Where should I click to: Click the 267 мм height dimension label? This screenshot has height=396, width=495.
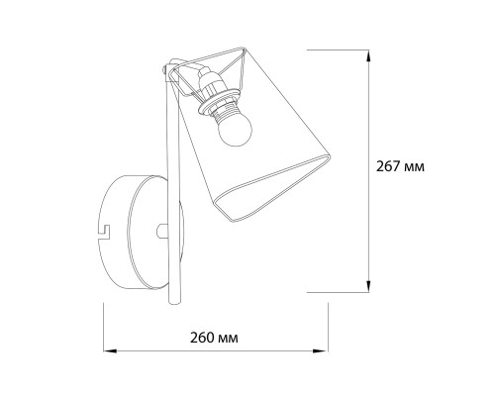[x=400, y=166]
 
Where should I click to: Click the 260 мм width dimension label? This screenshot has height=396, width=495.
[x=214, y=338]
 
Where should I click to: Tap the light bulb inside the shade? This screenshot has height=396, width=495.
[x=235, y=132]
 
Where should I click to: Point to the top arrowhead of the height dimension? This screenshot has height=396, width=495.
[x=368, y=55]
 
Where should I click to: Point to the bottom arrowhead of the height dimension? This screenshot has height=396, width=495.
[x=368, y=286]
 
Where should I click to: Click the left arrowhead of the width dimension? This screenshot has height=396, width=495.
[x=110, y=350]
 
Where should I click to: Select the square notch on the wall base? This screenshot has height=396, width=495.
[x=105, y=232]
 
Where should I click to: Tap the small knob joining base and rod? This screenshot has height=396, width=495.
[x=161, y=231]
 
